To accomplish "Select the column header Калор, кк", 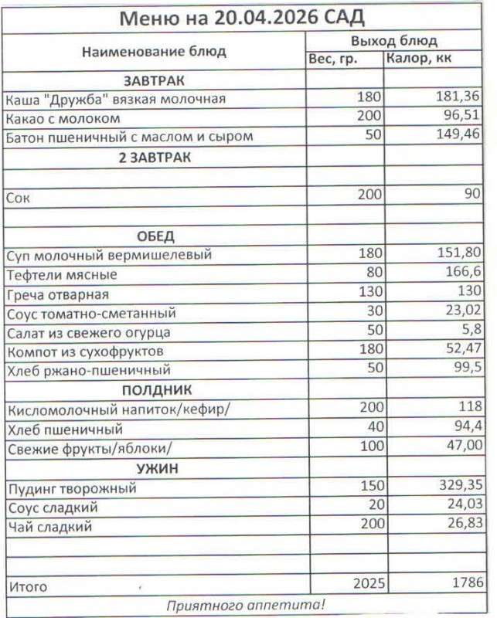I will pyautogui.click(x=420, y=59).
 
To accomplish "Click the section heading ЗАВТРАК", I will pyautogui.click(x=155, y=80).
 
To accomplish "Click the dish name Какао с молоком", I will pyautogui.click(x=63, y=118).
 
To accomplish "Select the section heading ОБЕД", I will pyautogui.click(x=155, y=236).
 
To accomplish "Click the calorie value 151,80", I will pyautogui.click(x=458, y=255).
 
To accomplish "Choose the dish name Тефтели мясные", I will pyautogui.click(x=61, y=274).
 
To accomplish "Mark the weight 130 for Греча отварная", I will pyautogui.click(x=369, y=294).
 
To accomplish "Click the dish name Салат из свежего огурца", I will pyautogui.click(x=87, y=333).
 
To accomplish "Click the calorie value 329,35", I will pyautogui.click(x=458, y=488).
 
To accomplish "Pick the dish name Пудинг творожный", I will pyautogui.click(x=70, y=488).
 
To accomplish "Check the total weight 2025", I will pyautogui.click(x=367, y=584).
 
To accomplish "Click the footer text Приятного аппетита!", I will pyautogui.click(x=247, y=605).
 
